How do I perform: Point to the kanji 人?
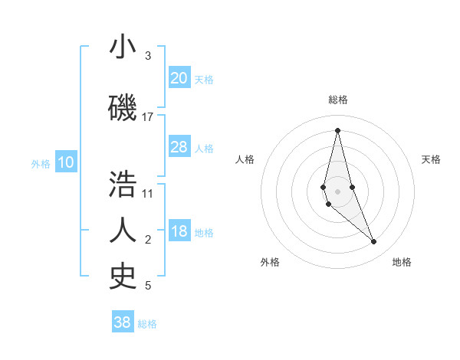123,230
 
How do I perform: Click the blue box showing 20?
179,78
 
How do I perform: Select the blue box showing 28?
179,147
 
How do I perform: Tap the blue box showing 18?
179,232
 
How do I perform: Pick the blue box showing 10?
66,162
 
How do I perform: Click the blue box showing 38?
123,322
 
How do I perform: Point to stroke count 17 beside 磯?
148,117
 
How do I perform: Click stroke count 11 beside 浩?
148,193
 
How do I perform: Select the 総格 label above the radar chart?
338,100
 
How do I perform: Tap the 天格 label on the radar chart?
431,159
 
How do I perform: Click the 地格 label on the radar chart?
402,262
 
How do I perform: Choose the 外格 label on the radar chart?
270,262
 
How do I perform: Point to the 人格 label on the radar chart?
245,159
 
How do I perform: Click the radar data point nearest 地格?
373,242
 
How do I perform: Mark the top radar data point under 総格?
337,130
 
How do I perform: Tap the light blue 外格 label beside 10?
41,163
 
